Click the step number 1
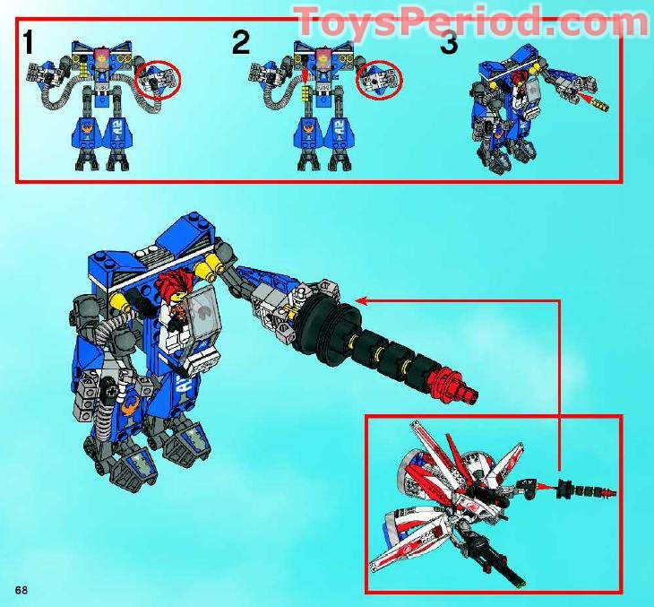click(30, 42)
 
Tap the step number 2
click(241, 42)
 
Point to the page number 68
click(21, 588)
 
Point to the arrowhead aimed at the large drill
click(360, 301)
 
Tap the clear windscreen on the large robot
click(204, 314)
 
